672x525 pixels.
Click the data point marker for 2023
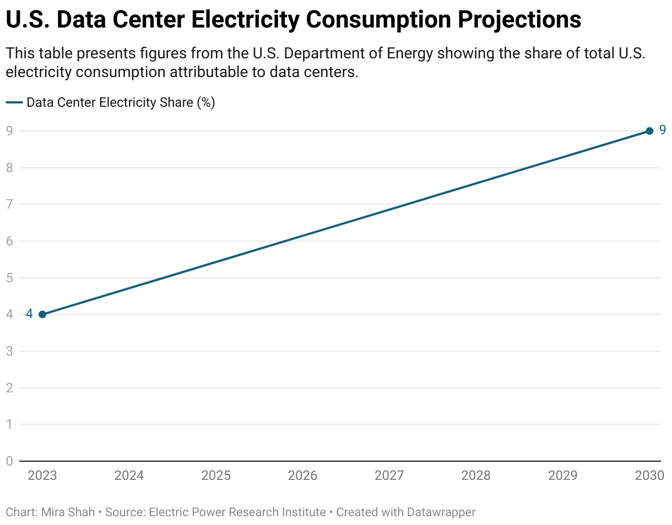coord(42,314)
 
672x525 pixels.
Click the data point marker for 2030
coord(649,131)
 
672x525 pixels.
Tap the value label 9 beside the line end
coord(663,130)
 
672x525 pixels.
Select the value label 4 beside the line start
coord(29,314)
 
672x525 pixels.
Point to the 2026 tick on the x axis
coord(302,475)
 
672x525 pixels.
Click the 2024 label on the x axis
coord(129,475)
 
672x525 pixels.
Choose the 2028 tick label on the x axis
coord(476,475)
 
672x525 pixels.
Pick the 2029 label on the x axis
coord(562,475)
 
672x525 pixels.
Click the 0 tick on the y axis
coord(9,461)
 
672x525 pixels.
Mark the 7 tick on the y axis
coord(9,204)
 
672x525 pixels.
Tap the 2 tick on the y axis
coord(9,388)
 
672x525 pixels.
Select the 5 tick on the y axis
coord(9,278)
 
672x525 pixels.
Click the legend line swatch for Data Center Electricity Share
coord(14,103)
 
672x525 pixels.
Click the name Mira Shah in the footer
coord(68,512)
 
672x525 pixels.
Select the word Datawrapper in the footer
coord(441,512)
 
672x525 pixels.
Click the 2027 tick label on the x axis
coord(389,475)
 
